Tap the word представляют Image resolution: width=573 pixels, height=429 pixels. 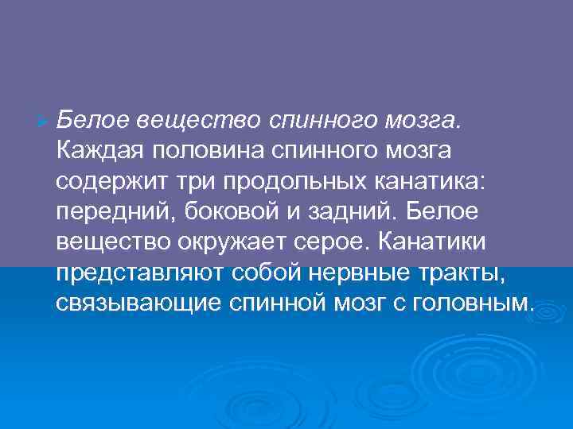142,272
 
